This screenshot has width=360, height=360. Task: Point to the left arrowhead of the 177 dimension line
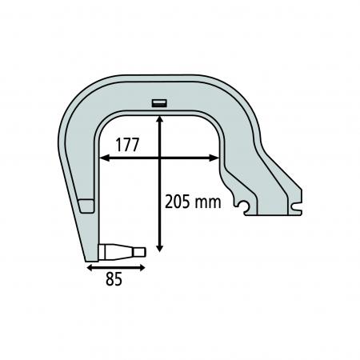pyautogui.click(x=102, y=158)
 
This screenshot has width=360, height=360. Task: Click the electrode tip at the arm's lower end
pyautogui.click(x=121, y=251)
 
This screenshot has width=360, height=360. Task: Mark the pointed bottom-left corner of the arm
pyautogui.click(x=85, y=259)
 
